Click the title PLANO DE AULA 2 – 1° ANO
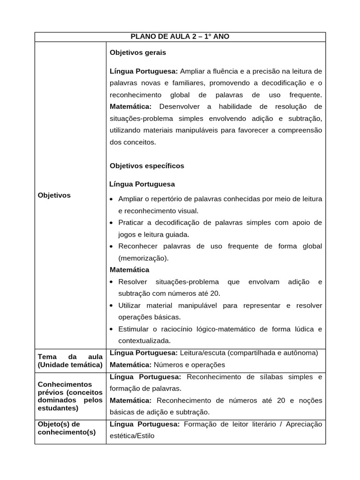click(180, 37)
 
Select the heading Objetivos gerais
click(138, 52)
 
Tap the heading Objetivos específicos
click(147, 166)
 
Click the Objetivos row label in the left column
click(54, 195)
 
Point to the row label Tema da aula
click(70, 360)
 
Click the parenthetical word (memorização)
click(143, 258)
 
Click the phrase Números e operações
click(189, 365)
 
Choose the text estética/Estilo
click(132, 435)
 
